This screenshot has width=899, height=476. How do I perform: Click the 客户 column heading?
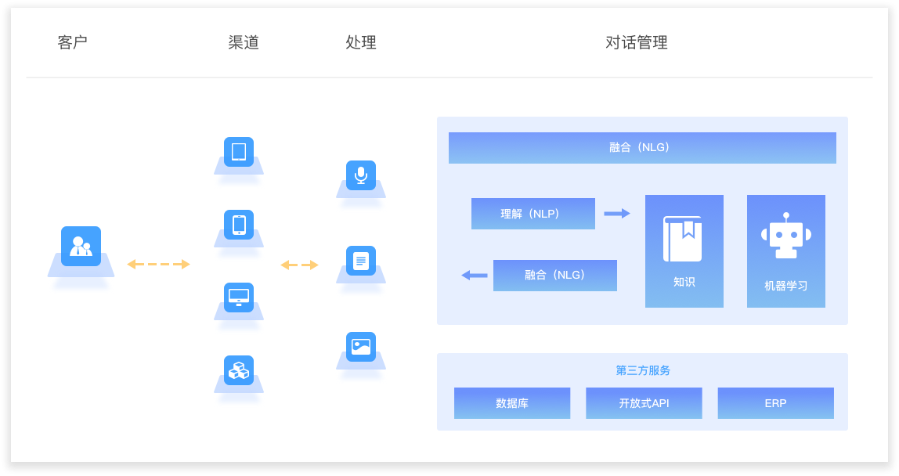(x=73, y=42)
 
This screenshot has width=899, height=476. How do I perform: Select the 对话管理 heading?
(x=636, y=42)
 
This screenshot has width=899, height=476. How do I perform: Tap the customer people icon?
(x=81, y=246)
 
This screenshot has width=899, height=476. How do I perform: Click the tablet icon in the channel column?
(x=239, y=152)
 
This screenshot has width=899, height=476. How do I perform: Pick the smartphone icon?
(x=239, y=225)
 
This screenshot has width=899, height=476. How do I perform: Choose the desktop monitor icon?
(x=239, y=297)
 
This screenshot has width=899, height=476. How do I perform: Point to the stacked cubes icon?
(x=239, y=370)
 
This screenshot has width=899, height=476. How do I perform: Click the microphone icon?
(x=361, y=175)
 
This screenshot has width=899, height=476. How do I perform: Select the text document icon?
(x=361, y=261)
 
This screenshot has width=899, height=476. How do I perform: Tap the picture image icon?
(x=361, y=346)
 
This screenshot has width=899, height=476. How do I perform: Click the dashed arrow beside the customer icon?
(x=158, y=265)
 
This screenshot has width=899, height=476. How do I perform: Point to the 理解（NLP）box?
(x=533, y=214)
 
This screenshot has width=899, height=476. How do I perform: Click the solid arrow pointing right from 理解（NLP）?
(x=617, y=213)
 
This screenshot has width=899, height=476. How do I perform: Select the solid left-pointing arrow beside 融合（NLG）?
(x=475, y=275)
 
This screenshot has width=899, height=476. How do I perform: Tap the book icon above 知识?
(x=683, y=238)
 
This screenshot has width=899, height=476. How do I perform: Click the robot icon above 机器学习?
(x=785, y=236)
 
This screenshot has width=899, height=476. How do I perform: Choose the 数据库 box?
(x=512, y=403)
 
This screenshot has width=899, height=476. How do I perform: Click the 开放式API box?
(x=644, y=403)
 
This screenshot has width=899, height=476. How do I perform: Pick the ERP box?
(x=775, y=403)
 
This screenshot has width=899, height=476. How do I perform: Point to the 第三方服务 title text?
(x=643, y=370)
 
